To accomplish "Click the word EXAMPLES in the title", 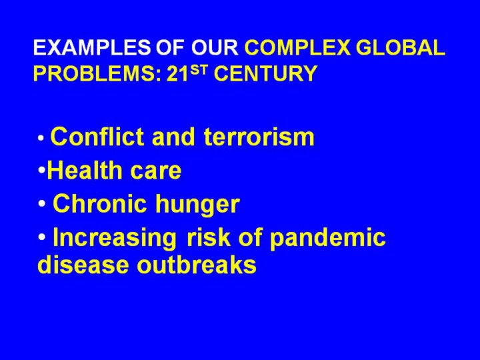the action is tap(92, 47).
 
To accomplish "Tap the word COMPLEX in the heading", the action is tap(297, 47).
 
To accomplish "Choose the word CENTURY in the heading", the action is tap(265, 73).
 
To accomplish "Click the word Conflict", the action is tap(97, 137).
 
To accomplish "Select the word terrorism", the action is tap(259, 137).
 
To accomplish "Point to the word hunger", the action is tap(197, 205).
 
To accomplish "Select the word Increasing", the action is tap(115, 238).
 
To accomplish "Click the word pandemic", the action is tap(327, 238).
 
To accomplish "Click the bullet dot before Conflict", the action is tap(41, 138).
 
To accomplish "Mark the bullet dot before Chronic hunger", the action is tap(42, 203).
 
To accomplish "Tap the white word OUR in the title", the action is tap(215, 47).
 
